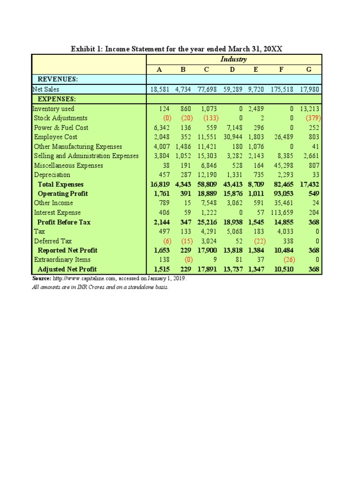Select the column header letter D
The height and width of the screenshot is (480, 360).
pos(232,69)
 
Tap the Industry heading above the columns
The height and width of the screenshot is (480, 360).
pos(234,60)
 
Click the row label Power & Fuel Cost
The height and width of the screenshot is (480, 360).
pos(61,127)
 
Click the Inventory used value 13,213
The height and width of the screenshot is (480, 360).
pos(309,109)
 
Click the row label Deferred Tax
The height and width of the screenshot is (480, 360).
pos(53,241)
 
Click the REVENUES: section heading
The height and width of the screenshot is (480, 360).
pos(58,79)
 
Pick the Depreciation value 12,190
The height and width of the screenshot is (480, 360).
pos(208,175)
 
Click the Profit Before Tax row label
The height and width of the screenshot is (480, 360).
pos(64,222)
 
